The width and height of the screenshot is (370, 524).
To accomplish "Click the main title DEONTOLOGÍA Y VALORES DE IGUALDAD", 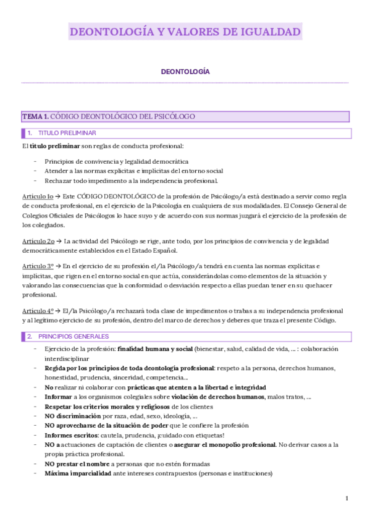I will pos(185,32).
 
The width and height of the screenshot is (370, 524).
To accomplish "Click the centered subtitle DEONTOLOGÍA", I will pos(185,72).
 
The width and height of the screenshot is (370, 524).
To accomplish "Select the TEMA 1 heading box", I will pos(185,116).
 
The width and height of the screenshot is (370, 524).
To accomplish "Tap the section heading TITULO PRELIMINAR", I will pos(67,133).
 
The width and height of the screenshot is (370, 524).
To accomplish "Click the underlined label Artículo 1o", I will pos(37,195).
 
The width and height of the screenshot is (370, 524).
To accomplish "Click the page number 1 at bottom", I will pos(347,498).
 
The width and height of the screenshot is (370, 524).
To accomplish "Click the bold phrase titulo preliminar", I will pos(54,146).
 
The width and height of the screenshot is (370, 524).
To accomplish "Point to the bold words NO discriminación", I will pos(72,416).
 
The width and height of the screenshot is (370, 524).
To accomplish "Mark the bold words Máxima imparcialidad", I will pos(77,473).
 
